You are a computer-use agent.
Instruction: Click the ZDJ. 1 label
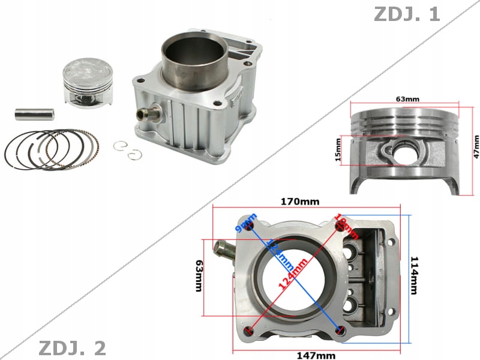(x=407, y=14)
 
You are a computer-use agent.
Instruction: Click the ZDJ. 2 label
(x=72, y=347)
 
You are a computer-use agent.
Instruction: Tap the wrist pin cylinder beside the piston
(x=35, y=112)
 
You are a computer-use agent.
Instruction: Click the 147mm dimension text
(x=316, y=355)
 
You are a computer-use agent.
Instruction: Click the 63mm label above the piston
(x=408, y=98)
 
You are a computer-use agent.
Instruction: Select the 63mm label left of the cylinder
(x=199, y=275)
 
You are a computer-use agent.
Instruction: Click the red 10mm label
(x=347, y=225)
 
